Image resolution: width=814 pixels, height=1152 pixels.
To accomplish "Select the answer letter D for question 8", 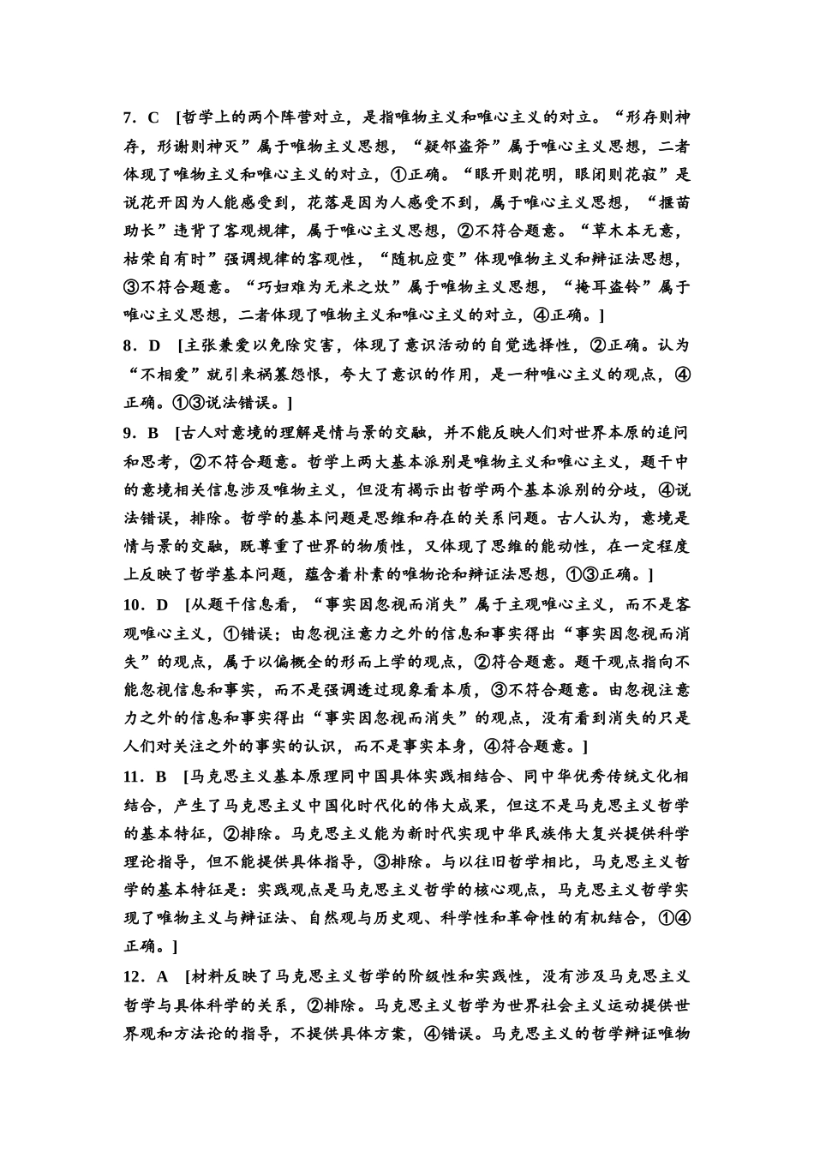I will click(x=155, y=346).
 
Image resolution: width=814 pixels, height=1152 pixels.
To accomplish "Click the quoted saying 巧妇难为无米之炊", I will click(x=327, y=288).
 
